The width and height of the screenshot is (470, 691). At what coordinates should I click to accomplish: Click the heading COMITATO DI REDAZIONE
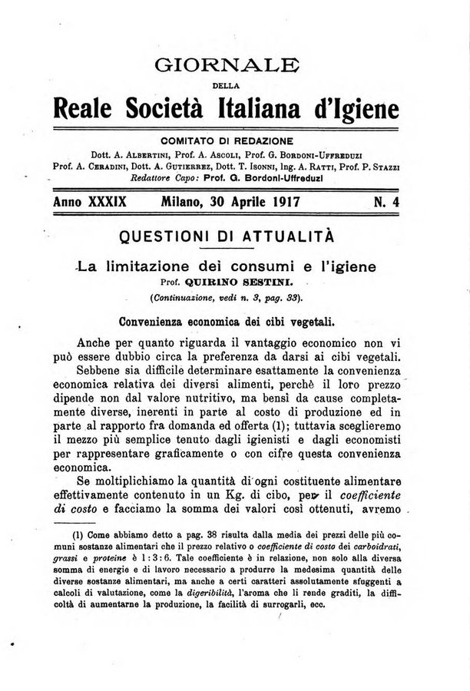(x=235, y=140)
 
